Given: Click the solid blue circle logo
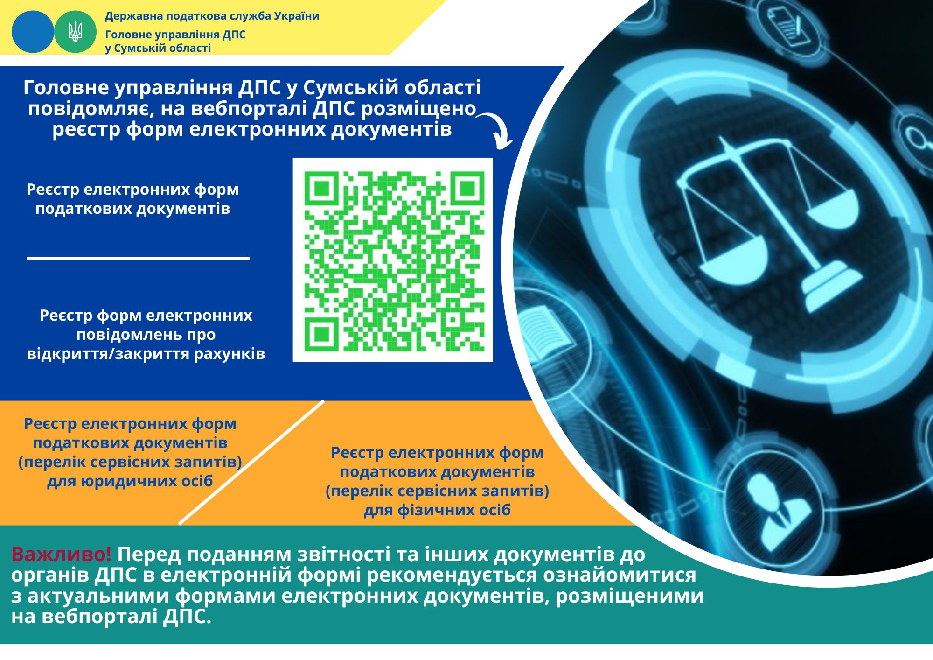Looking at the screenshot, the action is point(33,32).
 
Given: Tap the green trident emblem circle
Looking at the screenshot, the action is point(75,32).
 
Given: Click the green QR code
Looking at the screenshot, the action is point(393,260).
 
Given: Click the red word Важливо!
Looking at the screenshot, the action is point(62,554).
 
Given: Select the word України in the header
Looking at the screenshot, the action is point(297,16).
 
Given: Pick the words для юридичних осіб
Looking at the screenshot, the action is point(130,481).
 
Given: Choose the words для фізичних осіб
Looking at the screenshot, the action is point(437,510).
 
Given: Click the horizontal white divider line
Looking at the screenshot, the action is point(138,258).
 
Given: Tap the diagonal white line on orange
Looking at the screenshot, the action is point(251,462).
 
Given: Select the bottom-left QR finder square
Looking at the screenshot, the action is point(321,334).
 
